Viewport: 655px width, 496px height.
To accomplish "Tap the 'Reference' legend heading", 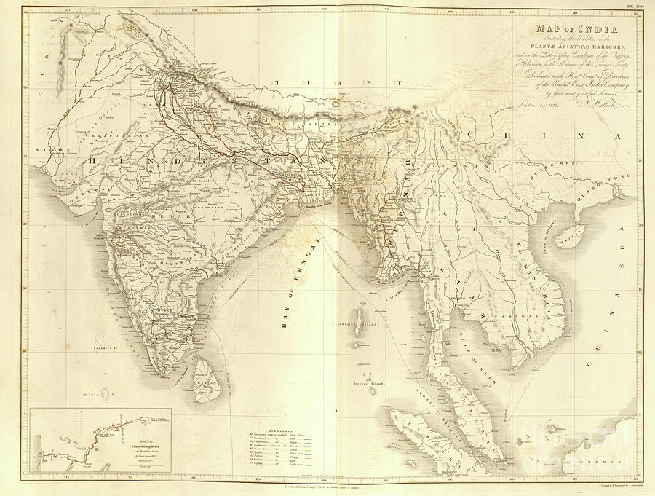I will click(285, 430).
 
